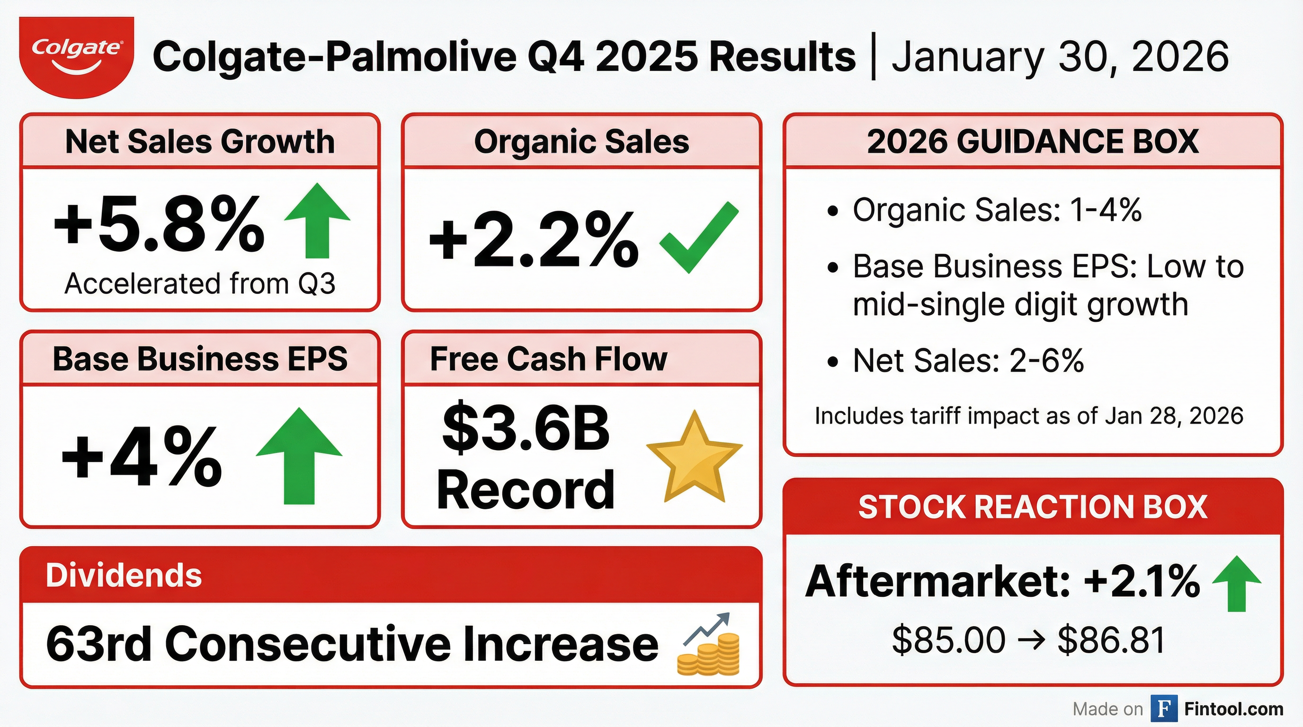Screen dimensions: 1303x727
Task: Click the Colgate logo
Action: pos(76,57)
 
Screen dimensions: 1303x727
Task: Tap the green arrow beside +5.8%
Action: pos(317,221)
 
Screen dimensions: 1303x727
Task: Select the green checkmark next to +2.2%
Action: pos(699,237)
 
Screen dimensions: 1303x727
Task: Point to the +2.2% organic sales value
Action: pos(534,239)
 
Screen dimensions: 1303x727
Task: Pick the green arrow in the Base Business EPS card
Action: pos(299,455)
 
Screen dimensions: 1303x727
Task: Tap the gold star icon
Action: pos(695,457)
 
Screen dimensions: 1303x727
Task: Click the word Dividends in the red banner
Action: pos(124,576)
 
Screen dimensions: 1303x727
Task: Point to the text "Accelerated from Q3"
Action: pos(200,284)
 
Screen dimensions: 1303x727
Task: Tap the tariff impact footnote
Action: pos(1029,416)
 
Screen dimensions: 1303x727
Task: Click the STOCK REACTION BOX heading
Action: pos(1033,506)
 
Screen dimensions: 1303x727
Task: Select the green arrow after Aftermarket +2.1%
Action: pos(1237,584)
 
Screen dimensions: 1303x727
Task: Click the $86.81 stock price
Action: pos(1111,640)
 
